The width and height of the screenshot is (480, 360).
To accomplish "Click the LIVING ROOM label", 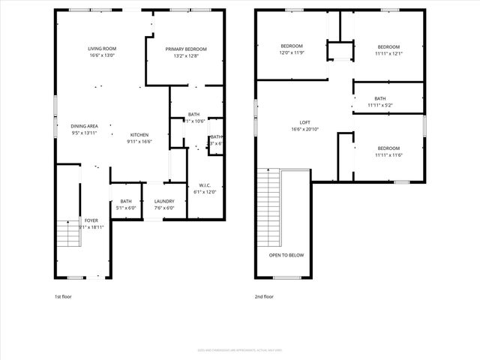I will pos(103,49).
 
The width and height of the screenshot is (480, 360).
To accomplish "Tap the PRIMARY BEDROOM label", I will pos(185,49).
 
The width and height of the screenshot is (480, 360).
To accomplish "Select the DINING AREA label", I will pos(84,126).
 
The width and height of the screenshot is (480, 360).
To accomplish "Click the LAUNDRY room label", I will pos(164,201).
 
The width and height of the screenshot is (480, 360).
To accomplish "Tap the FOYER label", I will pos(91,220).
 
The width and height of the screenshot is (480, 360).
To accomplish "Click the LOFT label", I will pos(304,122).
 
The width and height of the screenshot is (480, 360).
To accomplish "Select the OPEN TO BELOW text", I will pos(286,255).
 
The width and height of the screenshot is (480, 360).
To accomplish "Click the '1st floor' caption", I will pos(64,296).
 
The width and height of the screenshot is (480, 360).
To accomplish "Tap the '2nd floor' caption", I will pos(264,296).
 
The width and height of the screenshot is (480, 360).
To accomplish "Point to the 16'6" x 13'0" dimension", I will pos(103,55).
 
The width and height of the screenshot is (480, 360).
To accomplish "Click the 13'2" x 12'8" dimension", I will pos(185,55).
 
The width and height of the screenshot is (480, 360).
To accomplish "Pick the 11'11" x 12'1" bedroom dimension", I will pos(388,53).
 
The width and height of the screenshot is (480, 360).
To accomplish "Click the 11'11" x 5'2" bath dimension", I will pos(380,105).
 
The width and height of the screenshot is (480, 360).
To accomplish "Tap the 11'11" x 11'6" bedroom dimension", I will pos(388,155).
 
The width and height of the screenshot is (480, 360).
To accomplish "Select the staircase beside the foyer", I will pos(68,235).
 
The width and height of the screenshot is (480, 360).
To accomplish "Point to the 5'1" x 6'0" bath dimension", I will pos(126,208).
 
